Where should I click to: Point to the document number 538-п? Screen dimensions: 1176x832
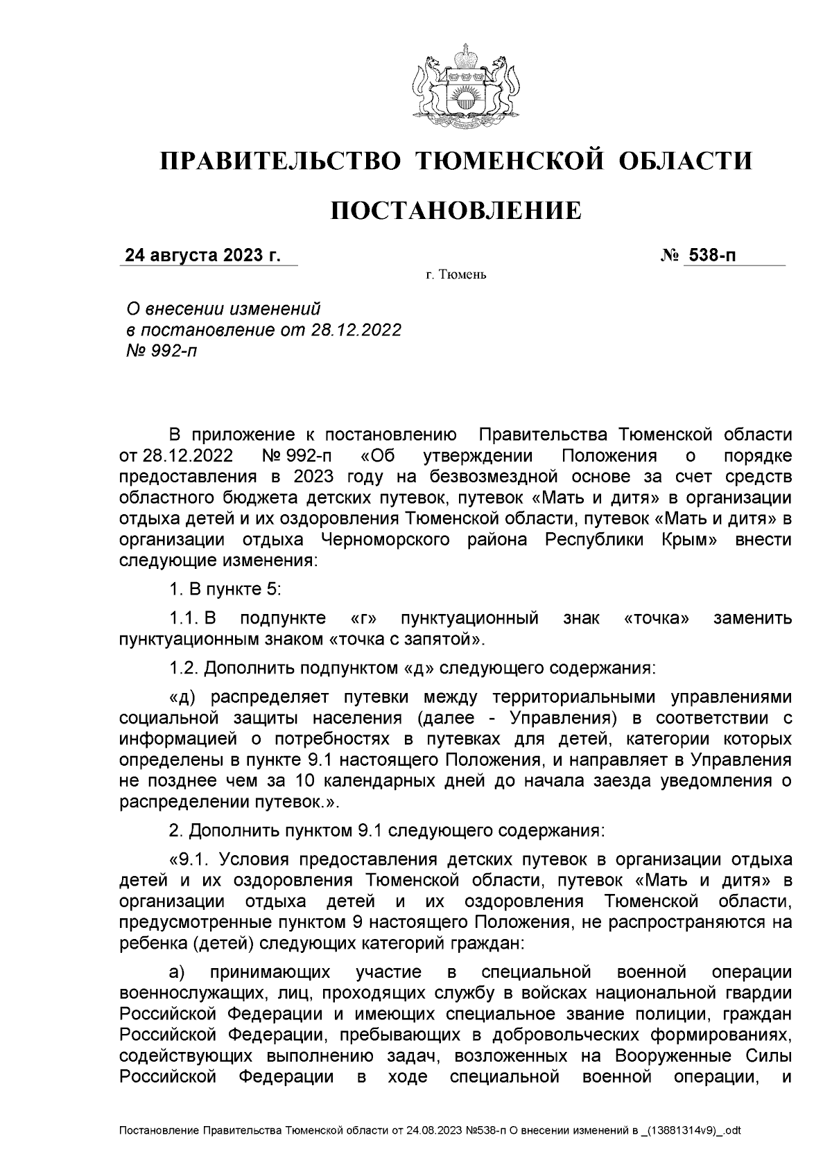[711, 256]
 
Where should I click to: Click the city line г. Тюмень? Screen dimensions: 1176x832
[456, 276]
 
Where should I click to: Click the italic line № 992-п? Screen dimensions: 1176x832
[159, 351]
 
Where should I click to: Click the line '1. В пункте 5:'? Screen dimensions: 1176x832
[224, 589]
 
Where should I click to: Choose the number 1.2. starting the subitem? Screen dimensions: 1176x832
[185, 668]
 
